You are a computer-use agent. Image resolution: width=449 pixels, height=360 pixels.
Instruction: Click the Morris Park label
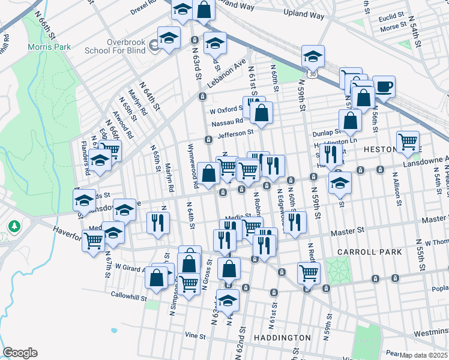49,47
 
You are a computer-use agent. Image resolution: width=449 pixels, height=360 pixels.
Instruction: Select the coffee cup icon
384,86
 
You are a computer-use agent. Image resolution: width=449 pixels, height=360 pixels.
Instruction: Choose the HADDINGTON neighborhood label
283,338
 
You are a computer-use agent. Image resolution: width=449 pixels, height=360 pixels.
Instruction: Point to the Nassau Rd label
226,123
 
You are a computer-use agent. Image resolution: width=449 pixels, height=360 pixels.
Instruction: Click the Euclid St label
393,19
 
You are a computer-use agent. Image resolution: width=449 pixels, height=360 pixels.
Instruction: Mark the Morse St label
393,28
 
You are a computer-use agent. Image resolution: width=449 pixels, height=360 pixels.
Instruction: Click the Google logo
20,353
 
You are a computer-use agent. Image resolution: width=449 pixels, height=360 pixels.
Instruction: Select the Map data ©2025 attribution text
424,355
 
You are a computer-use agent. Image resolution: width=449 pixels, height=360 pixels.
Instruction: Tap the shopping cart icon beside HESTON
408,142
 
